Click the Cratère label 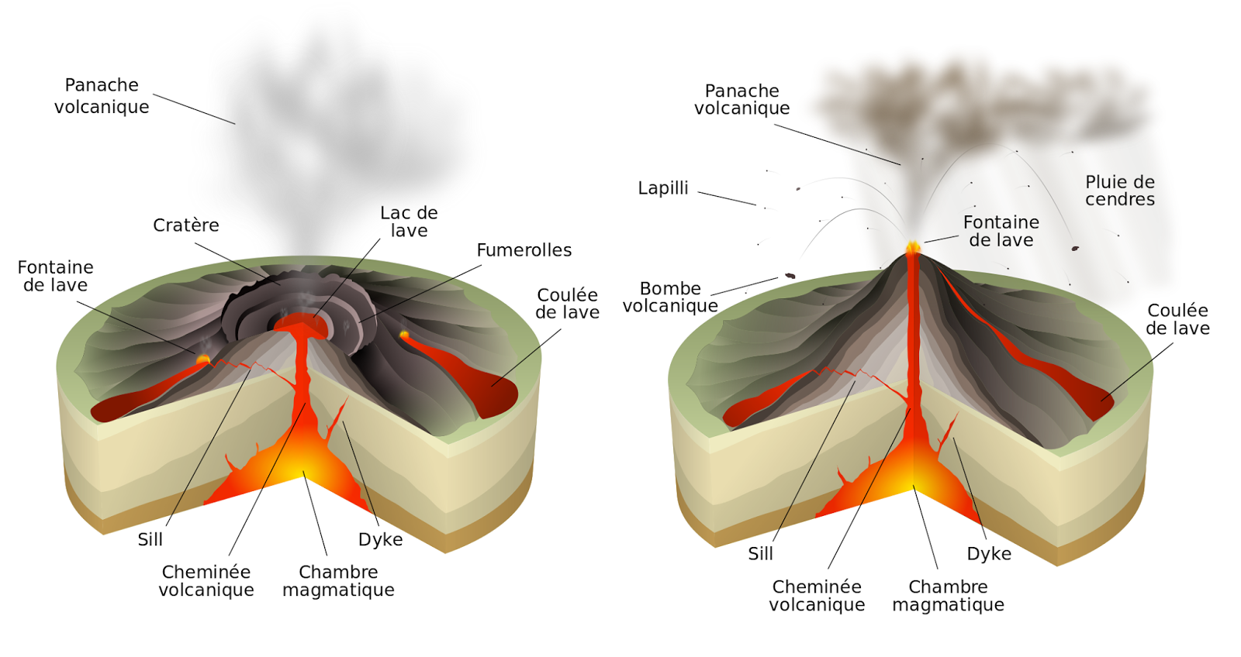186,225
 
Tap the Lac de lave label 409,222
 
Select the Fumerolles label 524,250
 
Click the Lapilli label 663,188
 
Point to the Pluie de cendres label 1119,191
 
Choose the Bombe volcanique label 670,298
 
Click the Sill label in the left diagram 150,539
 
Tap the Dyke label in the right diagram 989,554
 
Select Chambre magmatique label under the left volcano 338,581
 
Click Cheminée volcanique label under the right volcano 817,596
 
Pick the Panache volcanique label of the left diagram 102,96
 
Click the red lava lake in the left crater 301,322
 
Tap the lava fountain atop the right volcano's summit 914,248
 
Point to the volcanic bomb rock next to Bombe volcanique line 790,275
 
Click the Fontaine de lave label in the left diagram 55,277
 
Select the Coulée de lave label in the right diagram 1177,319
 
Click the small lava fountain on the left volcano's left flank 203,359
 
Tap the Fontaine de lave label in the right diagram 1001,232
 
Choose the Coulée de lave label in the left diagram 567,304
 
